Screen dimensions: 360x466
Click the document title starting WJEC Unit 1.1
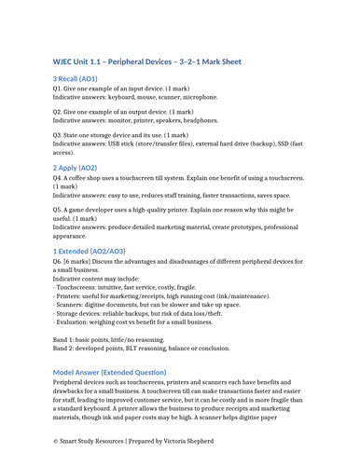click(x=146, y=62)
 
